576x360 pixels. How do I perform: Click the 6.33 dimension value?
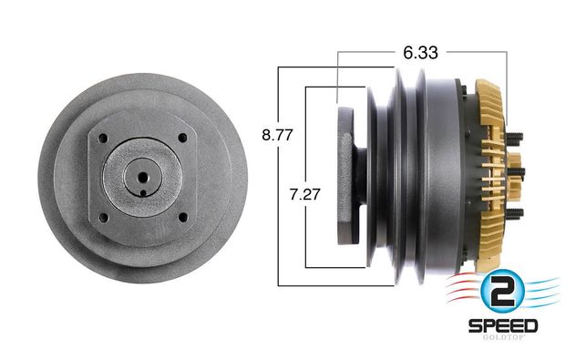(x=420, y=53)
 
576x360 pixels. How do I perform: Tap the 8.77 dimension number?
(x=277, y=135)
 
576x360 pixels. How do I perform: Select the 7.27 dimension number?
(x=305, y=194)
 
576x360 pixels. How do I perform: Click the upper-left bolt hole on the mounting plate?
(x=103, y=139)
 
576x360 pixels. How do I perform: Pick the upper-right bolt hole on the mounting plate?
(x=182, y=139)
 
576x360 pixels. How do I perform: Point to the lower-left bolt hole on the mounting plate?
(x=104, y=218)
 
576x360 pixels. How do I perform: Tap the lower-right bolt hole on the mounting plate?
(x=183, y=217)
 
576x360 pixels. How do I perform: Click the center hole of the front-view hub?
(x=143, y=178)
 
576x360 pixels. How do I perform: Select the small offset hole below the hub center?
(x=143, y=193)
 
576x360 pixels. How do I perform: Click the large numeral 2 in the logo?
(x=502, y=291)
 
